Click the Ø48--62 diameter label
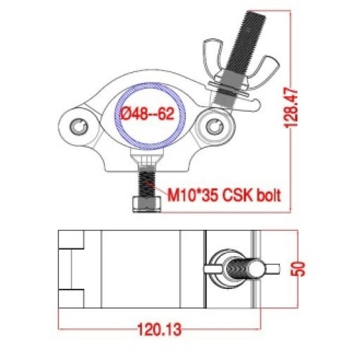[148, 113]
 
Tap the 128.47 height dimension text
[291, 108]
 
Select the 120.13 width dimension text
[159, 329]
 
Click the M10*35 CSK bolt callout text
[224, 195]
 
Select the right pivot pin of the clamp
[215, 126]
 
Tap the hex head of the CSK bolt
[147, 204]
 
